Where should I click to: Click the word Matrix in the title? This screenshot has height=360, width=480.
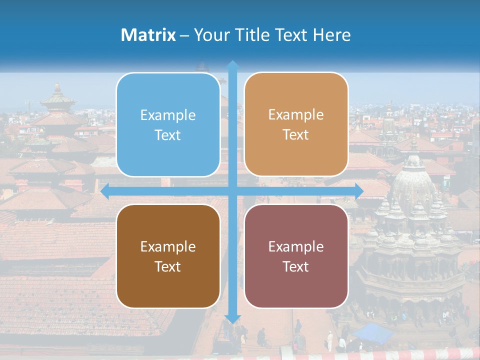148,35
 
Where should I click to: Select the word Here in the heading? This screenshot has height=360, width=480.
331,35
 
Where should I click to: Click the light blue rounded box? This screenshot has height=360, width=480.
168,124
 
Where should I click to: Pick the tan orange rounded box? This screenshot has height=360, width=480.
296,124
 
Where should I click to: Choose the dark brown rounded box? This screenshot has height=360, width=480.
168,256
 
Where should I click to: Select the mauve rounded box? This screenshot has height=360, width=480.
296,256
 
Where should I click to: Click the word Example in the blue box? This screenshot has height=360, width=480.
168,115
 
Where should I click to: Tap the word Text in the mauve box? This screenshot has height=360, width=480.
296,266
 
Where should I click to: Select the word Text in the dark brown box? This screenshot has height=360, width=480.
168,266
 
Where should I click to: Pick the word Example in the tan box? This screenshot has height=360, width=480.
296,115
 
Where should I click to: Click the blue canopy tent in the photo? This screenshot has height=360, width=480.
372,333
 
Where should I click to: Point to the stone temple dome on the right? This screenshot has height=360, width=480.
413,180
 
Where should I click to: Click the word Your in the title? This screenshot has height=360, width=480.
209,35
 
